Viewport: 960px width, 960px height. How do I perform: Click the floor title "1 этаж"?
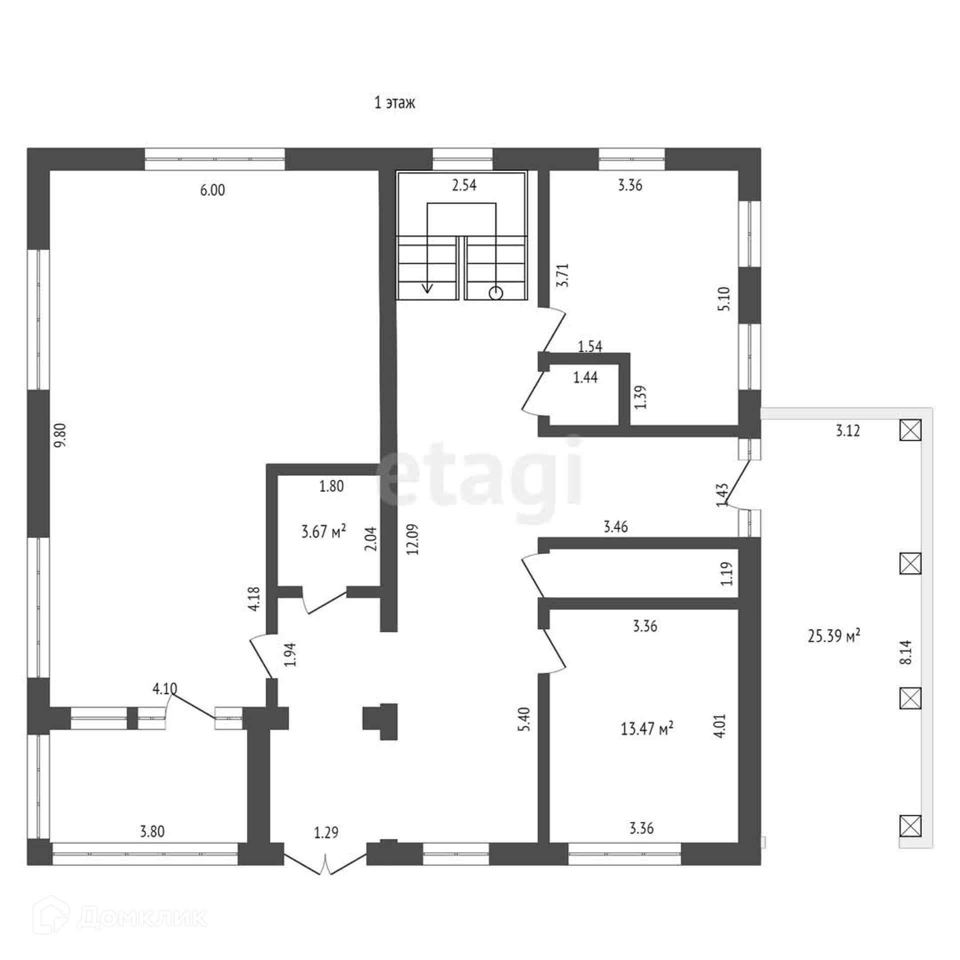pos(394,103)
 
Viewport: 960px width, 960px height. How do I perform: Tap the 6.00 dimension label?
pos(212,190)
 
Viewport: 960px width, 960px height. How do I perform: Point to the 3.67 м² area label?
pos(323,531)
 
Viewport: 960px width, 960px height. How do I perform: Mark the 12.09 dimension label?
pos(413,539)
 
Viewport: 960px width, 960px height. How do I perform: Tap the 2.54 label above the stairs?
pos(464,185)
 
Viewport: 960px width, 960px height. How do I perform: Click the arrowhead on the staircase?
pos(427,287)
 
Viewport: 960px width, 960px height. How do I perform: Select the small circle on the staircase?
pos(495,293)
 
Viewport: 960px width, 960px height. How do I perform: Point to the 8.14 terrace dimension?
pos(905,652)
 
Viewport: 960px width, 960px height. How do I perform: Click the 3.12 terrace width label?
pos(848,430)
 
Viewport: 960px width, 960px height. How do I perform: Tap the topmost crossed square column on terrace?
pos(910,429)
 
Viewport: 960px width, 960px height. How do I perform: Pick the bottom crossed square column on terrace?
pos(910,825)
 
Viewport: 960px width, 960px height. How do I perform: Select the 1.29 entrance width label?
pos(326,832)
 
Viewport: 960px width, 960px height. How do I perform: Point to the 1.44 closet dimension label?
pos(585,377)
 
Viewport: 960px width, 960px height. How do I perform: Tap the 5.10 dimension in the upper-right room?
pos(724,298)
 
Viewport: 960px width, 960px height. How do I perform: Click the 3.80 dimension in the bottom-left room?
pos(152,831)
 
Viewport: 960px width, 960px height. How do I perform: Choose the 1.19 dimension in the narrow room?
pos(726,574)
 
